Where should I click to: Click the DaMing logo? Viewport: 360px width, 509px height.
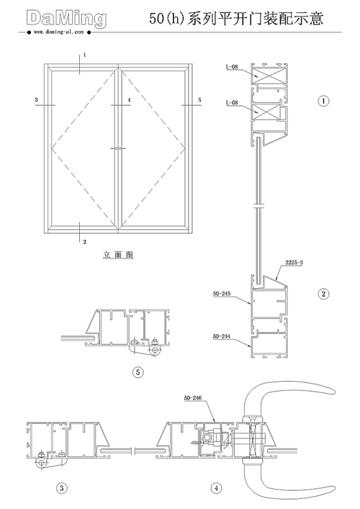click(66, 19)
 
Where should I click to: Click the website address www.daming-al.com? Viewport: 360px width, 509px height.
click(58, 32)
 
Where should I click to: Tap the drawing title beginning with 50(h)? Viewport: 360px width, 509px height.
click(236, 18)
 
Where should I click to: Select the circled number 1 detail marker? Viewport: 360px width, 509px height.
click(323, 101)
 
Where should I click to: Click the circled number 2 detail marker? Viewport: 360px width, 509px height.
click(323, 294)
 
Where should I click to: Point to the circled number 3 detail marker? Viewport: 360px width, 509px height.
click(62, 488)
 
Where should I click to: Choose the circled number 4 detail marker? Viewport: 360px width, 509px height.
click(216, 488)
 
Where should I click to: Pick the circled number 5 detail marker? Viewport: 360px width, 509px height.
click(138, 372)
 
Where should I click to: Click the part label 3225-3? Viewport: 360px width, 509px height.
click(294, 262)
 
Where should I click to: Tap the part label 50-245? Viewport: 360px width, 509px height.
click(222, 294)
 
